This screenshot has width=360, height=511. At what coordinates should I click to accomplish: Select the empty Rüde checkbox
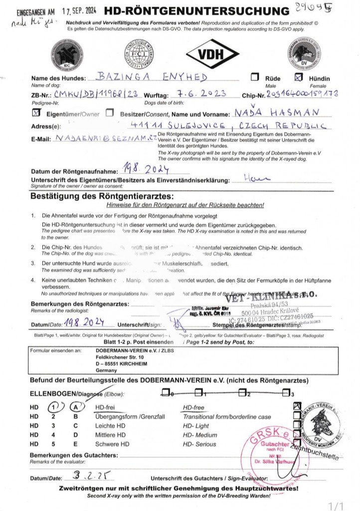click(255, 77)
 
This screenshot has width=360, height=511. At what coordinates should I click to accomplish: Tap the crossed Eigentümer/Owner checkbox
click(35, 113)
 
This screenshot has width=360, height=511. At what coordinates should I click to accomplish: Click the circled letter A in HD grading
click(77, 408)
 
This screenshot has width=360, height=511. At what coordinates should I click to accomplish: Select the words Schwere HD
click(112, 444)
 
